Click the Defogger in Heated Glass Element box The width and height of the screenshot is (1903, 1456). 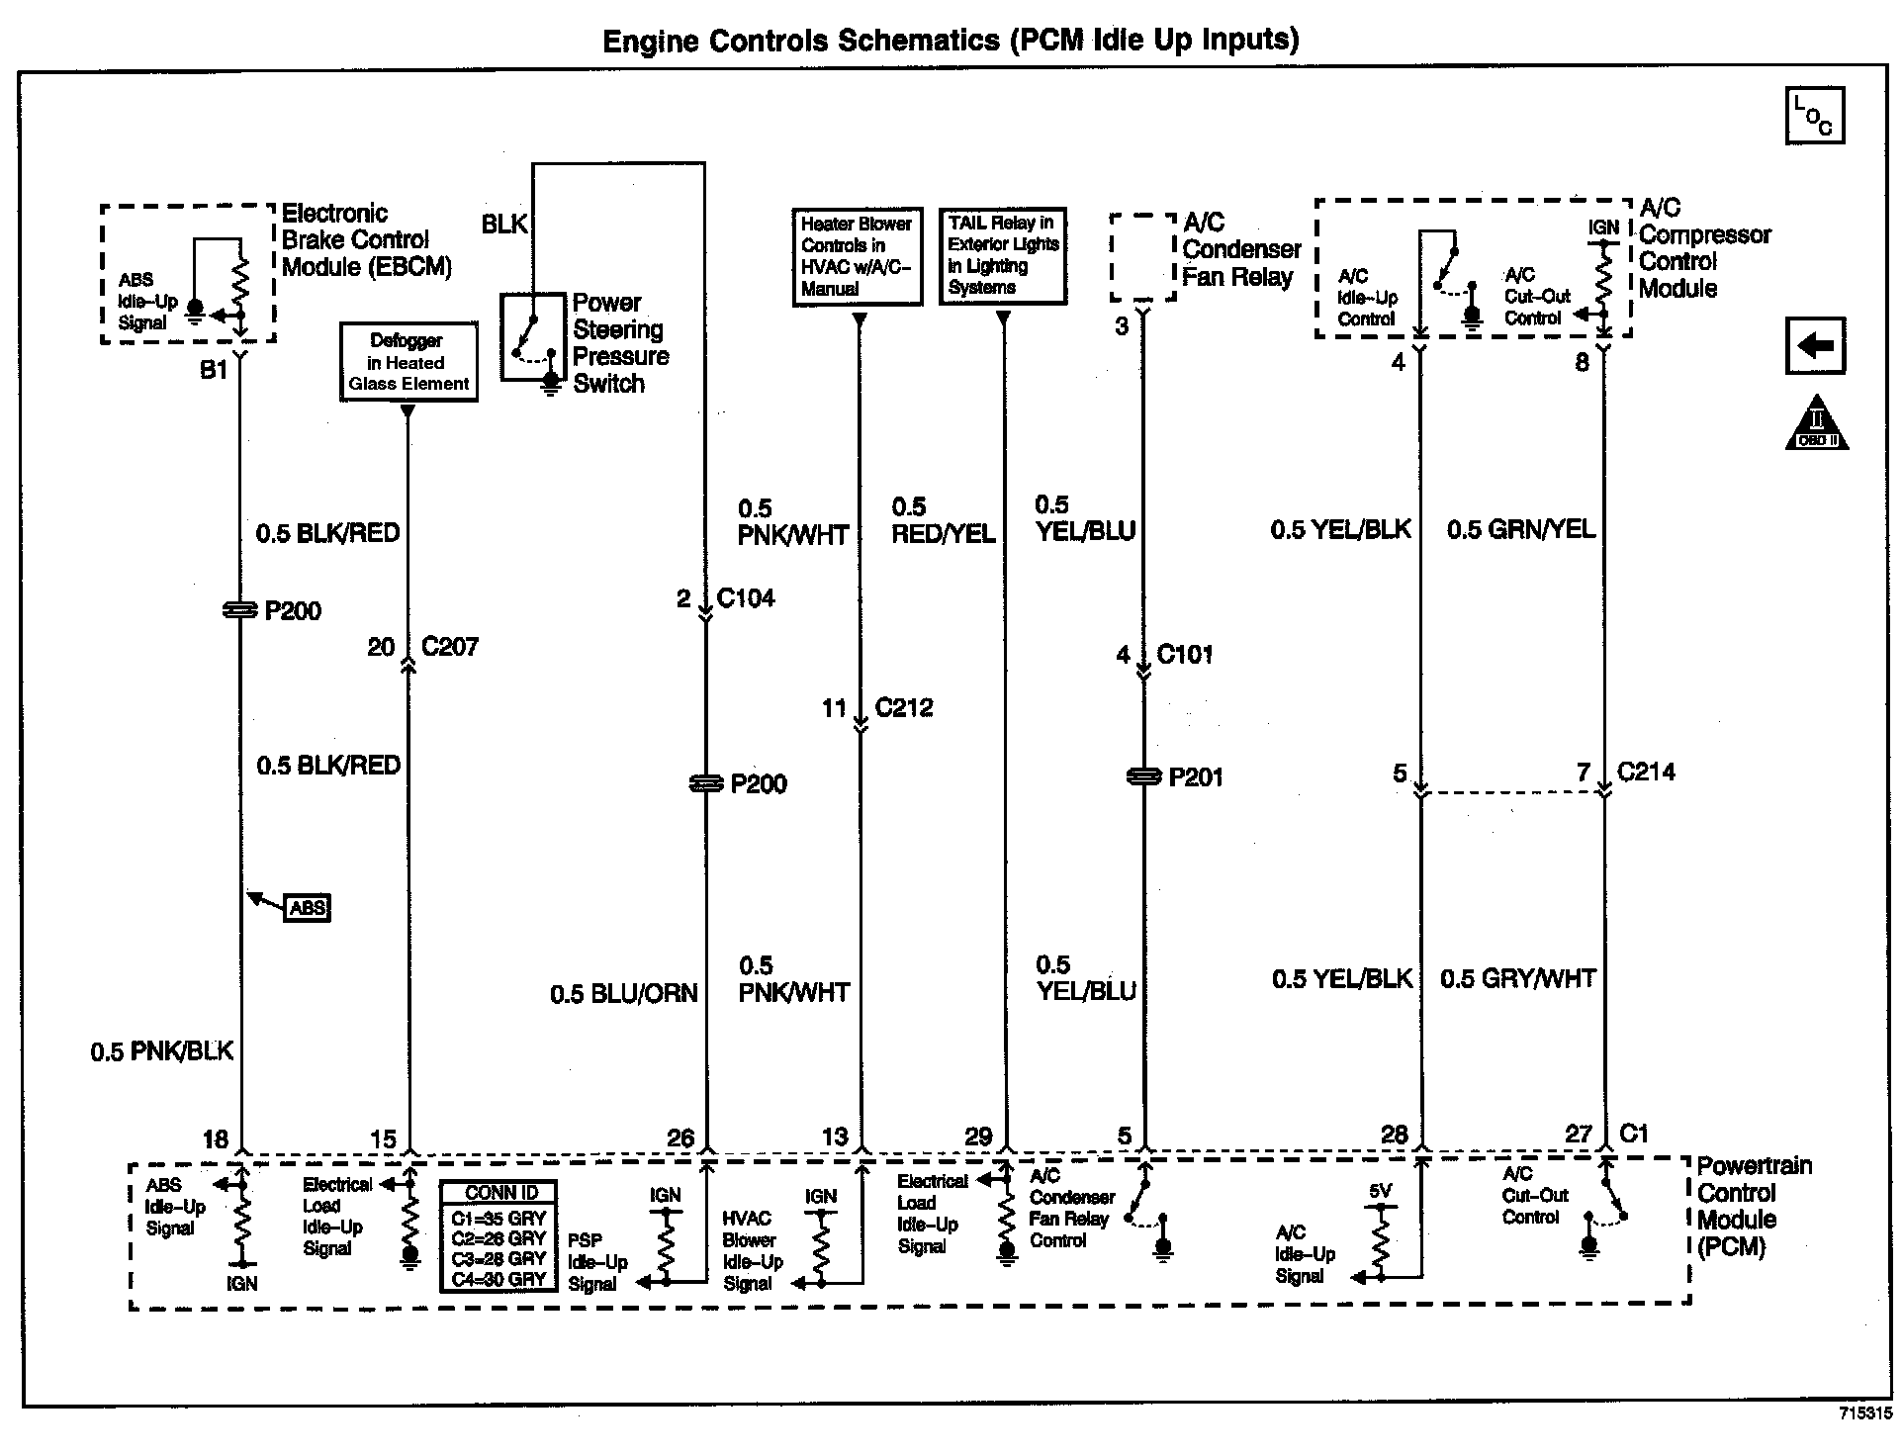click(408, 362)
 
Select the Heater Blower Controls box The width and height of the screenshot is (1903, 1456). click(858, 257)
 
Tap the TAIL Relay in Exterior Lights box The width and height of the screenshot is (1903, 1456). click(1002, 255)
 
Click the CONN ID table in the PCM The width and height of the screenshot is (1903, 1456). click(498, 1236)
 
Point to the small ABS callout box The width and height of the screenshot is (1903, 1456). click(308, 908)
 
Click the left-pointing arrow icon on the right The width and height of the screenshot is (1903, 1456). click(1815, 346)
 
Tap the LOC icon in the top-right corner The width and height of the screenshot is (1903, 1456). click(1815, 117)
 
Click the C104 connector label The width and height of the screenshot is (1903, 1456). click(746, 598)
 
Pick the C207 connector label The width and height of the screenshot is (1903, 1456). click(450, 647)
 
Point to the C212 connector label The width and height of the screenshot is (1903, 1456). click(904, 708)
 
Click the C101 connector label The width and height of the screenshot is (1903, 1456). click(1185, 655)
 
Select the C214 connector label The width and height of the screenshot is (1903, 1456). click(1646, 773)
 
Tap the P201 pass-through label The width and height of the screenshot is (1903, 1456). click(1196, 778)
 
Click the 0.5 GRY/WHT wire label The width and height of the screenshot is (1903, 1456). click(1517, 979)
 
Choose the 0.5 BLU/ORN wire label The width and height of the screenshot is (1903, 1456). click(624, 994)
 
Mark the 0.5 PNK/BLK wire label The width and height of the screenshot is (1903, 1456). click(162, 1051)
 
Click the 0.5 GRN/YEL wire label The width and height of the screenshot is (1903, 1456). click(1521, 530)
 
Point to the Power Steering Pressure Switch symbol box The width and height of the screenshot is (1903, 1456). click(535, 336)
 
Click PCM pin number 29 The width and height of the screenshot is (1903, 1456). click(977, 1137)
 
